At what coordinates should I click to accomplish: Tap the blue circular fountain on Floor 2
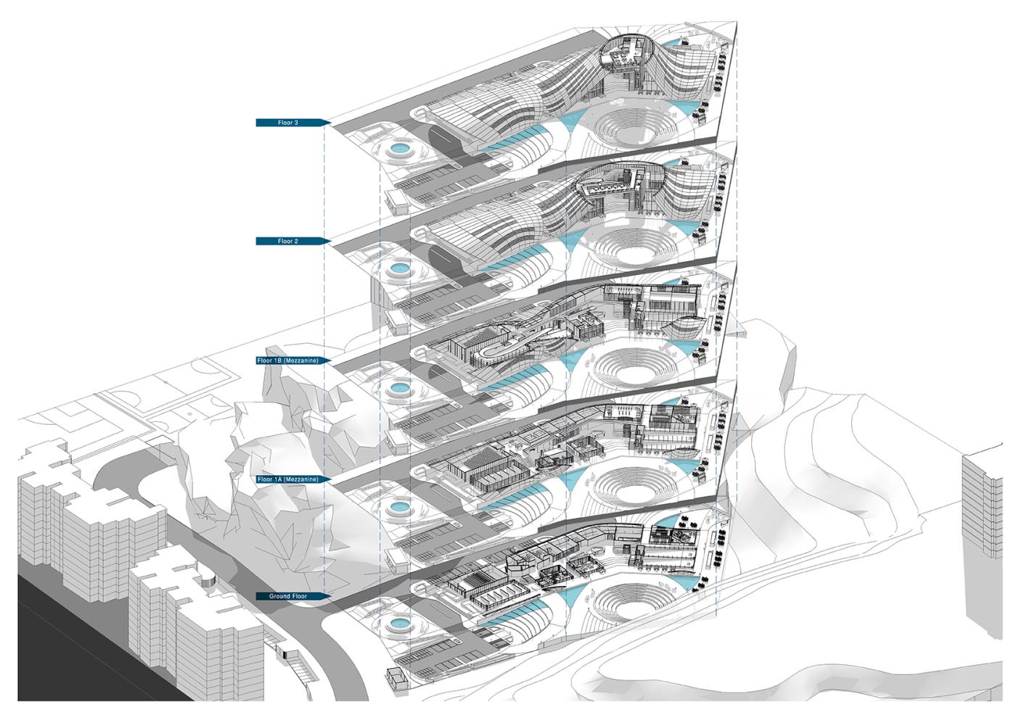tap(398, 268)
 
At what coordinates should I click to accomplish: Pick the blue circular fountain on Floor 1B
tap(398, 389)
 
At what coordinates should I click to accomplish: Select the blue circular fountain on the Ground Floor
tap(398, 622)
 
